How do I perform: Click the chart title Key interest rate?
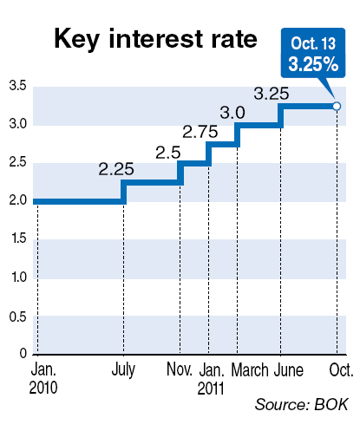coord(155,40)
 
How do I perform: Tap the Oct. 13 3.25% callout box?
coord(313,53)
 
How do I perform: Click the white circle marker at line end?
coord(337,107)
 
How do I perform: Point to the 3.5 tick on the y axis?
coord(17,86)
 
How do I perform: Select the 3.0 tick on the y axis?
coord(17,124)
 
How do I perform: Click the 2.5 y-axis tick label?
coord(17,162)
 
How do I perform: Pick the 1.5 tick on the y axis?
coord(19,238)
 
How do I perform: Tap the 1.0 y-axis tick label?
coord(19,277)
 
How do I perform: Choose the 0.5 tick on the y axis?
coord(17,317)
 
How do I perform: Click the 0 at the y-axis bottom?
coord(23,353)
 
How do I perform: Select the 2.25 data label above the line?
coord(116,169)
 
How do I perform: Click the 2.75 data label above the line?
coord(200,132)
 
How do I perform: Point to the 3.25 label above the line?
coord(272,94)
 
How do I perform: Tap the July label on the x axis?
coord(123,370)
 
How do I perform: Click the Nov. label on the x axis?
coord(180,369)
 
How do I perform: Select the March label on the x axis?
coord(250,370)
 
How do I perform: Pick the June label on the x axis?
coord(289,370)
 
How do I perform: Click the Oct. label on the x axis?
coord(341,370)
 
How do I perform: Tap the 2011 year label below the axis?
coord(211,389)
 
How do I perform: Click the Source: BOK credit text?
coord(302,404)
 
